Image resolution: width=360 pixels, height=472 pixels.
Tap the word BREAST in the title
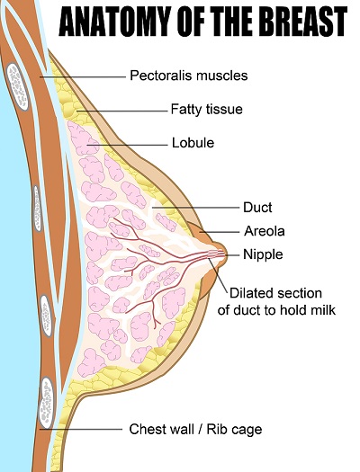(x=303, y=22)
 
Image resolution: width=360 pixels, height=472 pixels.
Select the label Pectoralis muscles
(x=189, y=76)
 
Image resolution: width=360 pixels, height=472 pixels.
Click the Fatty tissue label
(x=207, y=110)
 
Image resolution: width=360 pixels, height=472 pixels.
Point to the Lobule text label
(x=193, y=143)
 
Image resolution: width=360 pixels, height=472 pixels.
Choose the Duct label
(x=257, y=208)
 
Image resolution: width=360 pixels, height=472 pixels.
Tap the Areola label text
(x=265, y=231)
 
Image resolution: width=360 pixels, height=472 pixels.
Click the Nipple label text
(x=263, y=254)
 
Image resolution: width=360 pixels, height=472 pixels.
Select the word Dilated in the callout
(x=250, y=293)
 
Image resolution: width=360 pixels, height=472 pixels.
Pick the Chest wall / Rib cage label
(x=195, y=429)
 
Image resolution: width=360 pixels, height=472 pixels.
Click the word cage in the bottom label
(x=247, y=431)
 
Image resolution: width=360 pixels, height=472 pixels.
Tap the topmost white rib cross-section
(x=17, y=86)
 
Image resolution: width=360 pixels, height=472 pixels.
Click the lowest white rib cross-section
(x=47, y=403)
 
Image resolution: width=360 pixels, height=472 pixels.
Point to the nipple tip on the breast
(x=226, y=254)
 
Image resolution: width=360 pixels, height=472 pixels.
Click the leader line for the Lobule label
(x=127, y=145)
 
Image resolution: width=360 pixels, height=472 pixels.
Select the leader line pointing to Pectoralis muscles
(x=83, y=77)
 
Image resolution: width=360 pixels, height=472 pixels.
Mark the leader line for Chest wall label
(x=81, y=429)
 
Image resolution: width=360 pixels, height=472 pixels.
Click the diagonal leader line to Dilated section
(x=218, y=275)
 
